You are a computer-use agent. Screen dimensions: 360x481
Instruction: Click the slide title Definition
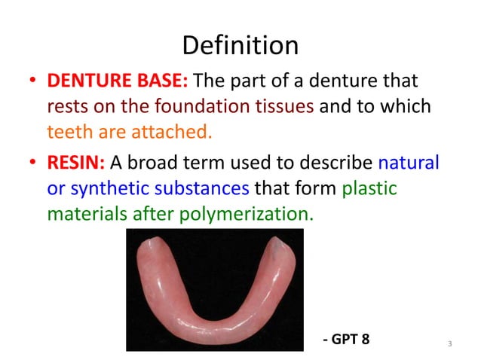tap(240, 46)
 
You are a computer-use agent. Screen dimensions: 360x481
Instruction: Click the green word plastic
tap(369, 188)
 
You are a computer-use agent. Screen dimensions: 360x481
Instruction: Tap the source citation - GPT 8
tap(345, 338)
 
